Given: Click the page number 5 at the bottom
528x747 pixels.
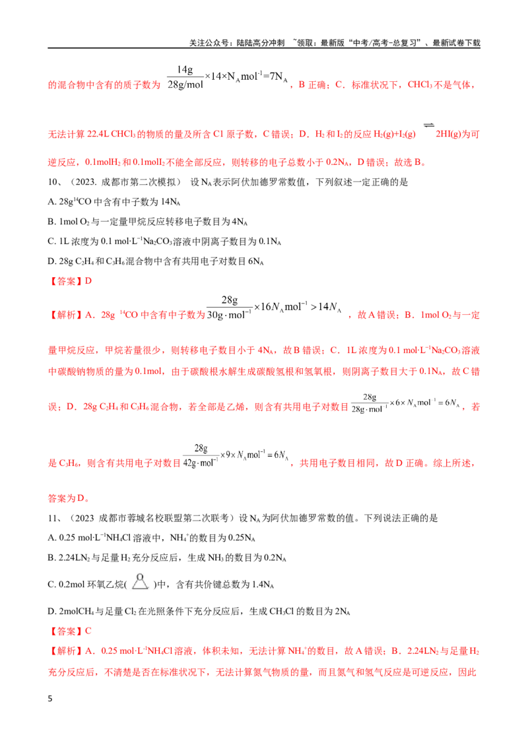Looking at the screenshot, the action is (50, 699).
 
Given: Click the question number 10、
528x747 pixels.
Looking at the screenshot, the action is (55, 182).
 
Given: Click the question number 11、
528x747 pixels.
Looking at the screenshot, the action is (55, 518).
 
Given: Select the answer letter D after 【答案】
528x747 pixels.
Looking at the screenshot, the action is (88, 281).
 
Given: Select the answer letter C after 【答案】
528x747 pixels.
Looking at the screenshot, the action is (88, 632).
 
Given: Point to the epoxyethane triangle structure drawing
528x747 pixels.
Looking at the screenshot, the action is (140, 581).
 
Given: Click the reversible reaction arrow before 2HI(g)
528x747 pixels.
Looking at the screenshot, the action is (428, 125).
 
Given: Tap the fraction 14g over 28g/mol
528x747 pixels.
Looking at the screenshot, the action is (185, 77).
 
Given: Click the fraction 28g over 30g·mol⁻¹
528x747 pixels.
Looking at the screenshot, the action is (229, 308).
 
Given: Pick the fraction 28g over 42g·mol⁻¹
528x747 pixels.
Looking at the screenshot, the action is (201, 455).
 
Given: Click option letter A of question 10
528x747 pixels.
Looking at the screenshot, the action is (51, 202).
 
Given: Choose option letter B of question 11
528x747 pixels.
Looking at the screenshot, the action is (51, 558).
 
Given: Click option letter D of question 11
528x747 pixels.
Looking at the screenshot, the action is (51, 611).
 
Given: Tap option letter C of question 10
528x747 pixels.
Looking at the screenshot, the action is (51, 242).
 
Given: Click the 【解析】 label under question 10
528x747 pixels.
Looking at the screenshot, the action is (66, 315).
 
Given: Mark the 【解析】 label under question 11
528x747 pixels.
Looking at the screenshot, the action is (66, 651).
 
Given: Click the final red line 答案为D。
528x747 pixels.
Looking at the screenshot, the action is (69, 498).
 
